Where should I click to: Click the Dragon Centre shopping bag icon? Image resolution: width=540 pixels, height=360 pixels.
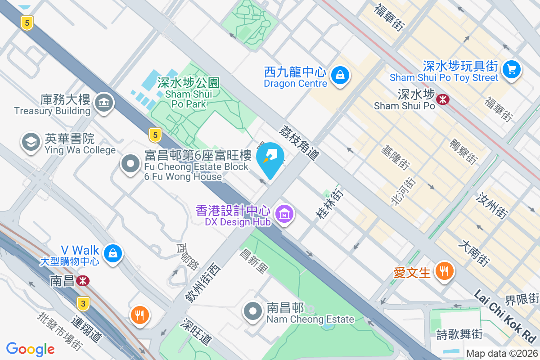341,75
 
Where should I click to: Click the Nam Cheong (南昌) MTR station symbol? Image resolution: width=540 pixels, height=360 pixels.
82,281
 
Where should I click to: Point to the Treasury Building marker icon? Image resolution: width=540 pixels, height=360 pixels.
104,103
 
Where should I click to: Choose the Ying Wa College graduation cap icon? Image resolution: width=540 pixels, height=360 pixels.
31,142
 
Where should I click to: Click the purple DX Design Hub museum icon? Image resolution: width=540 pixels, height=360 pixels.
284,214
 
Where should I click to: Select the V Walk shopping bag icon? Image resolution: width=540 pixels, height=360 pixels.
112,253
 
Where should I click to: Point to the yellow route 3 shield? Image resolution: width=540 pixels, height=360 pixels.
83,303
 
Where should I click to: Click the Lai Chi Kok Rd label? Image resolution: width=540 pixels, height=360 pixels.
505,316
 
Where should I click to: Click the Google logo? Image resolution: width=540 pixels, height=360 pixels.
31,349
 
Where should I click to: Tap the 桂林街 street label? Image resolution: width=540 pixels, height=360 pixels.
329,204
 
